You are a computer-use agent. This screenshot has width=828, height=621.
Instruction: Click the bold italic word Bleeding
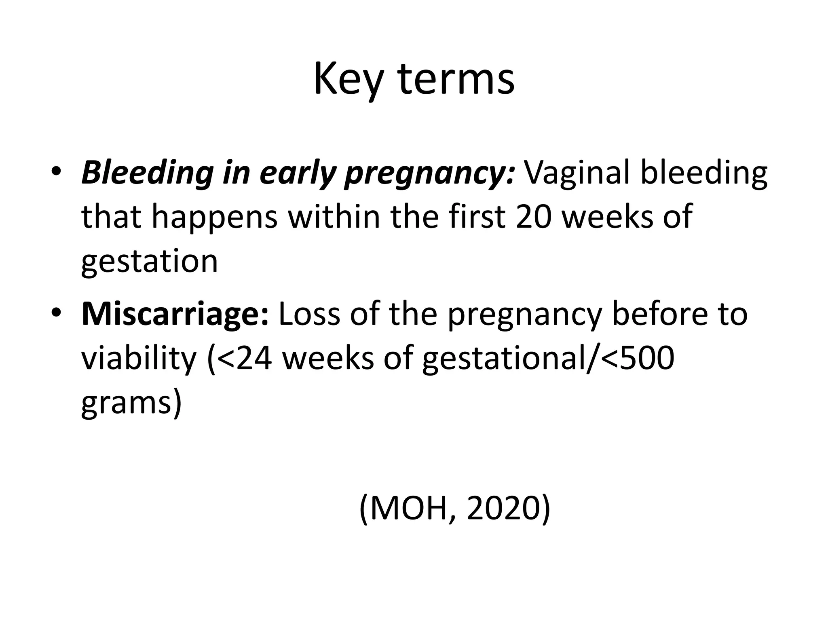click(x=147, y=174)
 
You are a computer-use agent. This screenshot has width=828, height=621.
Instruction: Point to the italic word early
click(x=298, y=174)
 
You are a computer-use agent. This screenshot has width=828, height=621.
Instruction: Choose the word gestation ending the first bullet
click(x=150, y=262)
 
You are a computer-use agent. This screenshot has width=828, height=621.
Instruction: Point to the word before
click(x=659, y=315)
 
